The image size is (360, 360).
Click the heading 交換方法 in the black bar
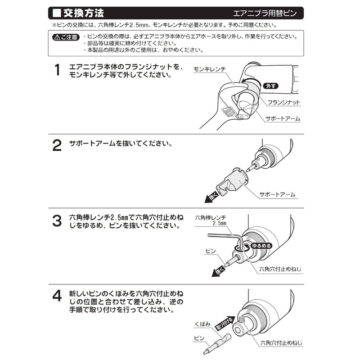[85, 13]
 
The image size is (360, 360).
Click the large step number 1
[57, 71]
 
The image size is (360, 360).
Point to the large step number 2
[57, 145]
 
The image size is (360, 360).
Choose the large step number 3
[57, 221]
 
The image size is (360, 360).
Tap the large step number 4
[57, 296]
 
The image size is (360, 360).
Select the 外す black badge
[270, 86]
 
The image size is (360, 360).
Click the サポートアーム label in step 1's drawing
[283, 118]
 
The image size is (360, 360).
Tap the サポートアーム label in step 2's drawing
[277, 194]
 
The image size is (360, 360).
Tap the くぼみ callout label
[202, 324]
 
